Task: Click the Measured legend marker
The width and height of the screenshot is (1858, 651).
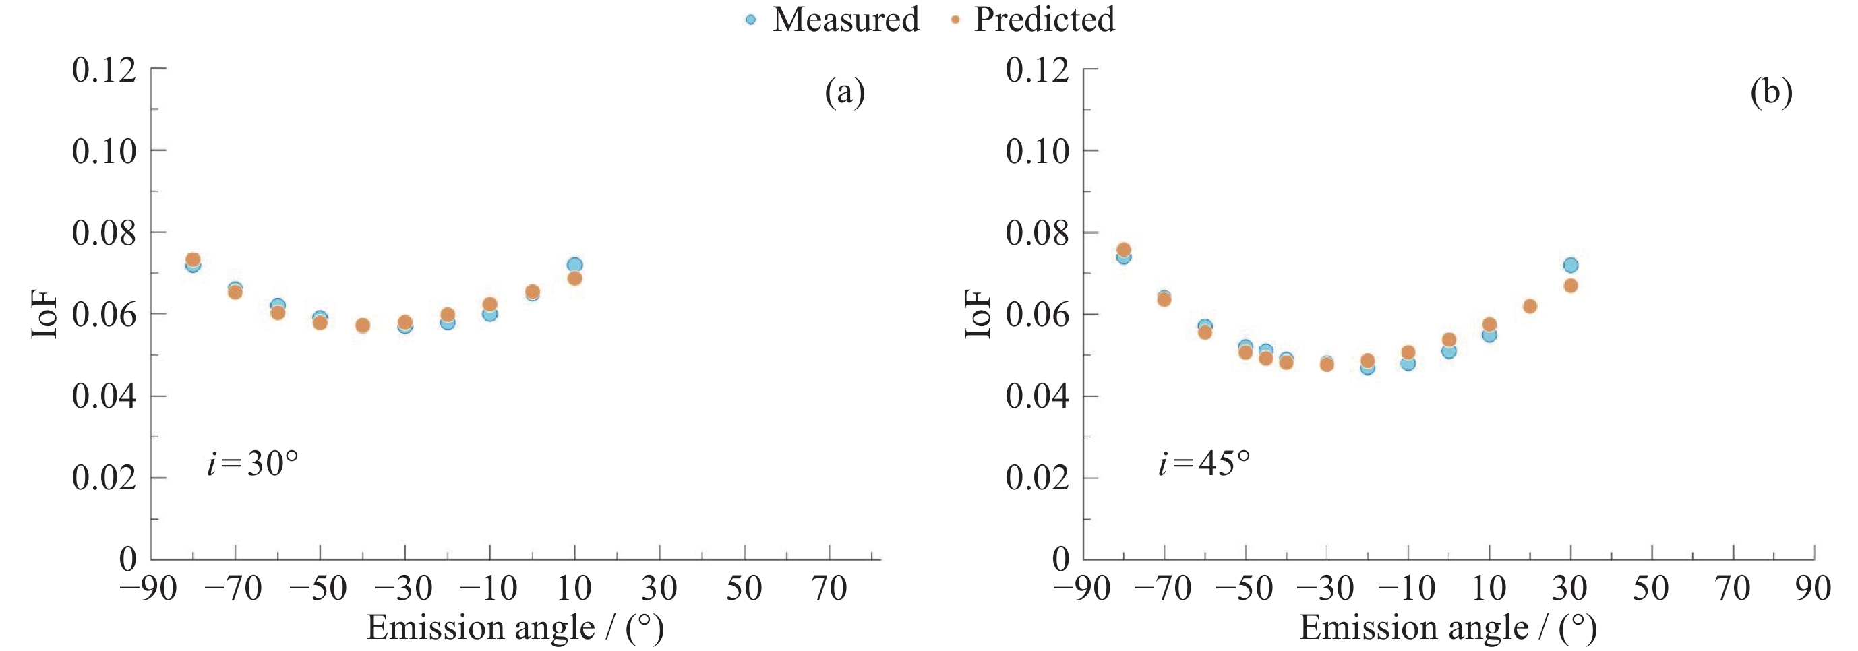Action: pos(751,20)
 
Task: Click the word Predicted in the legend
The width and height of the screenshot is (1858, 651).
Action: pos(1044,20)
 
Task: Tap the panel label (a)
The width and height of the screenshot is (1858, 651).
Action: pos(845,92)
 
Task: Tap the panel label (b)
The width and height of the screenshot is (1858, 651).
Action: pos(1771,92)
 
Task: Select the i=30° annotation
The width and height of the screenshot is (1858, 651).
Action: pos(252,463)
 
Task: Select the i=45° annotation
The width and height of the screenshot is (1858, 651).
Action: pos(1204,463)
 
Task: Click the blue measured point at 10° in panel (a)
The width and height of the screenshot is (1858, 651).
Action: pos(575,265)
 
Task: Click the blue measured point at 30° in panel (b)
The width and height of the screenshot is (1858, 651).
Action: pos(1570,265)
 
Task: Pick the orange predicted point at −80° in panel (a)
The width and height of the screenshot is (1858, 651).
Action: pos(193,259)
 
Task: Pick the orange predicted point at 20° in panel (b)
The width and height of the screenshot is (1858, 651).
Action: pos(1530,307)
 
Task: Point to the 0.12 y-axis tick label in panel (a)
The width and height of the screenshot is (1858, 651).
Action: pos(104,70)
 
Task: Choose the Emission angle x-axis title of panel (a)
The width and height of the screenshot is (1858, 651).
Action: pos(515,628)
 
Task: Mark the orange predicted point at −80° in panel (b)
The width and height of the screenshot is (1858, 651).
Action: pos(1123,250)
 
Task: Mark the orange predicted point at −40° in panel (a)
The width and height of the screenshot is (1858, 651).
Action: pos(363,325)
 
